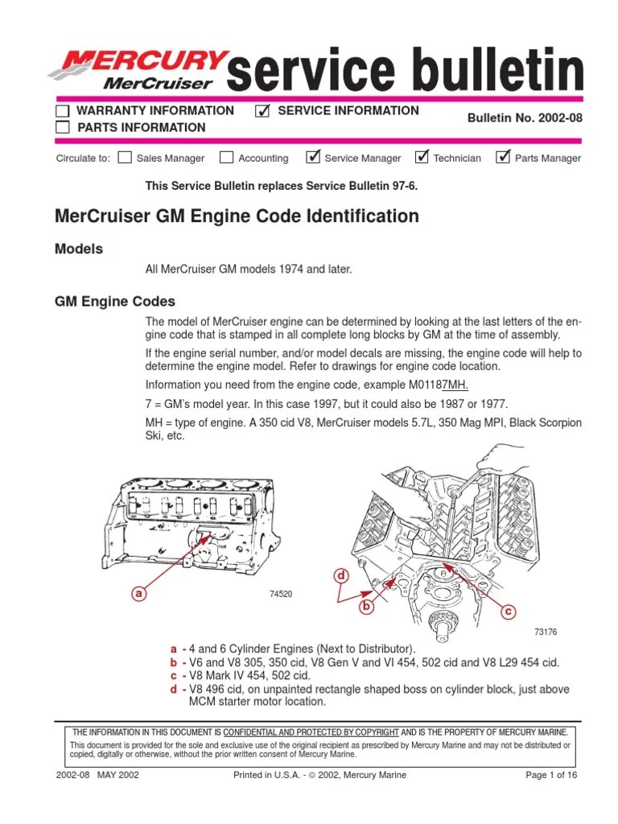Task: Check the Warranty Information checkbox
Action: pyautogui.click(x=62, y=111)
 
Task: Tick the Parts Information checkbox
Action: pyautogui.click(x=62, y=127)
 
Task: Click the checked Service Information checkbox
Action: pyautogui.click(x=262, y=111)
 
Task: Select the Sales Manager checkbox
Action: pyautogui.click(x=125, y=157)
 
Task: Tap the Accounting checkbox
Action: pyautogui.click(x=227, y=157)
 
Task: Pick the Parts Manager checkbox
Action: pyautogui.click(x=504, y=157)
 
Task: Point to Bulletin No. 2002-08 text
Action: pyautogui.click(x=525, y=118)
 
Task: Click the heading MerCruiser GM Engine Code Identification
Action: pyautogui.click(x=237, y=216)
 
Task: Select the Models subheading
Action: pyautogui.click(x=79, y=249)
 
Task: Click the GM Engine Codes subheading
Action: pyautogui.click(x=114, y=302)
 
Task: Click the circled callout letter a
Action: pyautogui.click(x=139, y=593)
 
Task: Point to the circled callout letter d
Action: pyautogui.click(x=340, y=575)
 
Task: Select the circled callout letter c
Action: pyautogui.click(x=508, y=612)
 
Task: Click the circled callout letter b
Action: pyautogui.click(x=369, y=607)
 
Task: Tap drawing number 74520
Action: pyautogui.click(x=280, y=594)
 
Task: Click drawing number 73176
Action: pyautogui.click(x=546, y=632)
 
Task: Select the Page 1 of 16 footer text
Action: pyautogui.click(x=550, y=775)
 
